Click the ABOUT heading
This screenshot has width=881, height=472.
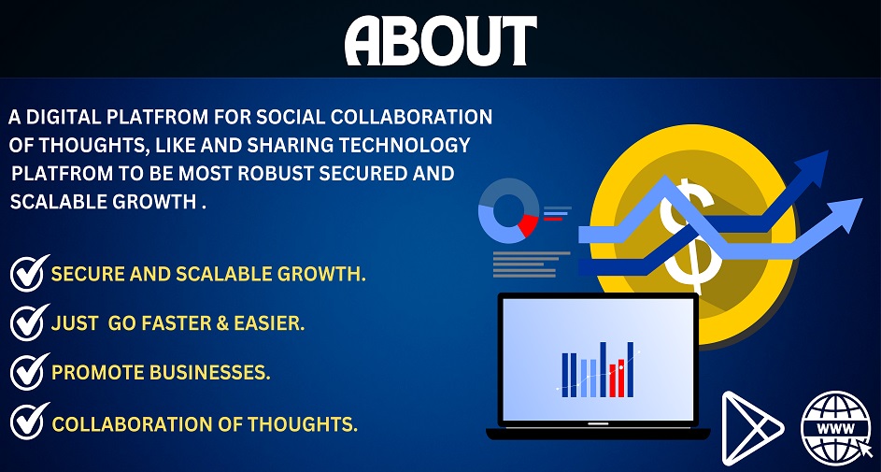click(x=441, y=41)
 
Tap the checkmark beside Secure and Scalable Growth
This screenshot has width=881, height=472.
click(x=29, y=273)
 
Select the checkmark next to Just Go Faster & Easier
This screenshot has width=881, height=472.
click(x=29, y=322)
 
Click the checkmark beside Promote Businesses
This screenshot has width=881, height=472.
click(x=29, y=371)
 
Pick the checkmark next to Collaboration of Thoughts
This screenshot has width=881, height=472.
click(x=29, y=421)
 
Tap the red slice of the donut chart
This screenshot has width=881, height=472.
click(x=528, y=225)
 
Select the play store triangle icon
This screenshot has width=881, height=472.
click(x=750, y=428)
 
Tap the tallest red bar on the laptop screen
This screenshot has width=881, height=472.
click(x=621, y=378)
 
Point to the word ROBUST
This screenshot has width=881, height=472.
click(x=276, y=174)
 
